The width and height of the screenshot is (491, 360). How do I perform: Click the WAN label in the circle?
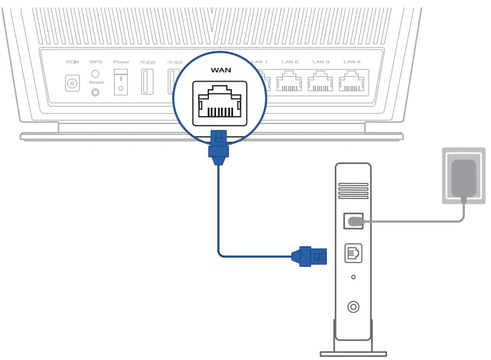click(220, 70)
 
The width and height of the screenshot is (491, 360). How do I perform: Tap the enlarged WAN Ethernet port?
click(220, 103)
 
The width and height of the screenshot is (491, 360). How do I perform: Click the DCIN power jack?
click(73, 83)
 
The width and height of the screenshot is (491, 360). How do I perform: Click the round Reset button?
click(95, 92)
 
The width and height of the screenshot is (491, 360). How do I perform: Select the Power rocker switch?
click(121, 82)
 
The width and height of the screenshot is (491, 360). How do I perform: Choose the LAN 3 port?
click(320, 82)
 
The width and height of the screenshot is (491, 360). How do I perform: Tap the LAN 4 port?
click(351, 82)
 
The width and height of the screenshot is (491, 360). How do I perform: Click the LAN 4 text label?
click(352, 62)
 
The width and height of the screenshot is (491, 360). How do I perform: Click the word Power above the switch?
click(121, 62)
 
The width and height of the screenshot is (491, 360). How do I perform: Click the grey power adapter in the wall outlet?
click(464, 177)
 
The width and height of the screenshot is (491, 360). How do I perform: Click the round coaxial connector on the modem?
click(354, 307)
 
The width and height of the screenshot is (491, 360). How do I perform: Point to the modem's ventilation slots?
click(353, 188)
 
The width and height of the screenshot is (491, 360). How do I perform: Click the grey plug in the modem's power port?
click(355, 222)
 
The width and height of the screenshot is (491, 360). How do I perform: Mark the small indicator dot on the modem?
click(354, 278)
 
